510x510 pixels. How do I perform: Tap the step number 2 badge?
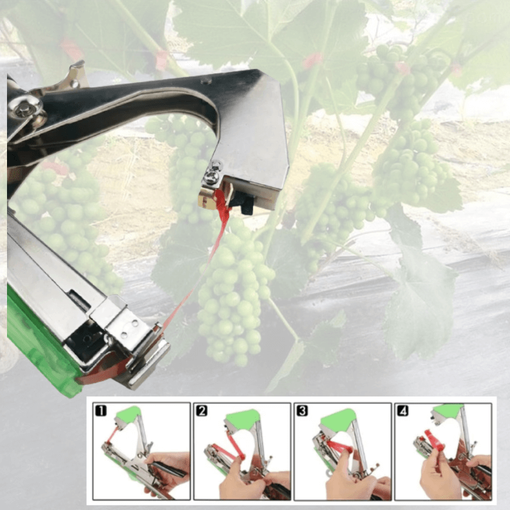click(x=201, y=411)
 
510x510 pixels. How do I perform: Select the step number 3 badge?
click(x=304, y=411)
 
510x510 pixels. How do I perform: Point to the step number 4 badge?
click(x=402, y=411)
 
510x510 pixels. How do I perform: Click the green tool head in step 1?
click(x=129, y=414)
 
